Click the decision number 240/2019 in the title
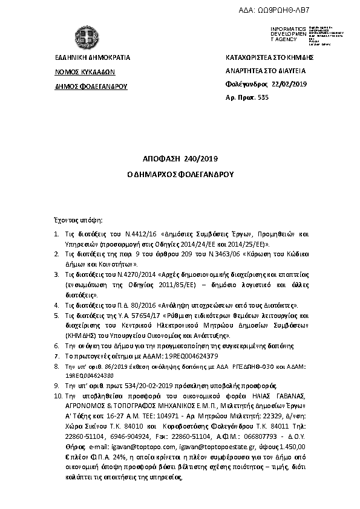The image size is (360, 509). pyautogui.click(x=197, y=159)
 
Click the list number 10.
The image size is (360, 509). pyautogui.click(x=58, y=395)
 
